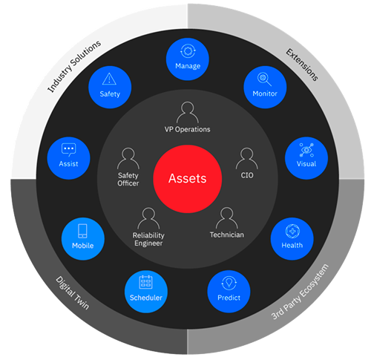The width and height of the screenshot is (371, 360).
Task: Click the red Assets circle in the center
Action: coord(187,179)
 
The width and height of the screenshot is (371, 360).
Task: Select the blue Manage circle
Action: coord(188,59)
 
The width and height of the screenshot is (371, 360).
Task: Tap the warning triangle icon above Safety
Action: coord(109,79)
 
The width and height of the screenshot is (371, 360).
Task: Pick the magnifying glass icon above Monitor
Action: coord(264,79)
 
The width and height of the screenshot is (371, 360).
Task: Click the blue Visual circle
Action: coord(306,158)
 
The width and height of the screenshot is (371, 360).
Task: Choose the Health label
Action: coord(292,245)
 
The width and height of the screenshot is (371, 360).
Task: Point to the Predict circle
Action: coord(229,291)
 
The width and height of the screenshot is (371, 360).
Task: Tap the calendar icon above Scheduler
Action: coord(146,282)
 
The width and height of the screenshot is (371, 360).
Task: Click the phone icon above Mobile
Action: coord(82,231)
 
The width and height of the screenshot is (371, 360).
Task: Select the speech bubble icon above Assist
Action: coord(68,149)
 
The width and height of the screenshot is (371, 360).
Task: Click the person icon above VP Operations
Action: coord(188,112)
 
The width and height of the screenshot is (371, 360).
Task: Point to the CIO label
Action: coord(247,175)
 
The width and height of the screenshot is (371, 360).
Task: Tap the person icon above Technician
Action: coord(227,217)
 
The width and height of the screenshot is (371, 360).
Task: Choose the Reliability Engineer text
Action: coord(148,239)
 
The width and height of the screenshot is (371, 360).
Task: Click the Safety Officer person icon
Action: coord(128,158)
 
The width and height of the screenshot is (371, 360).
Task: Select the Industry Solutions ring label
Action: coord(74,66)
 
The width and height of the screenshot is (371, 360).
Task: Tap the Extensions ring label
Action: coord(302,65)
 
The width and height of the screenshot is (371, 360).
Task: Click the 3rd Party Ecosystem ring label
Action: coord(300,292)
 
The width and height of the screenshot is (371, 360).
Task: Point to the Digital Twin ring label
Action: coord(72,293)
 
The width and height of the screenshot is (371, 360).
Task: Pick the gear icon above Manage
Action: coord(188,51)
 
